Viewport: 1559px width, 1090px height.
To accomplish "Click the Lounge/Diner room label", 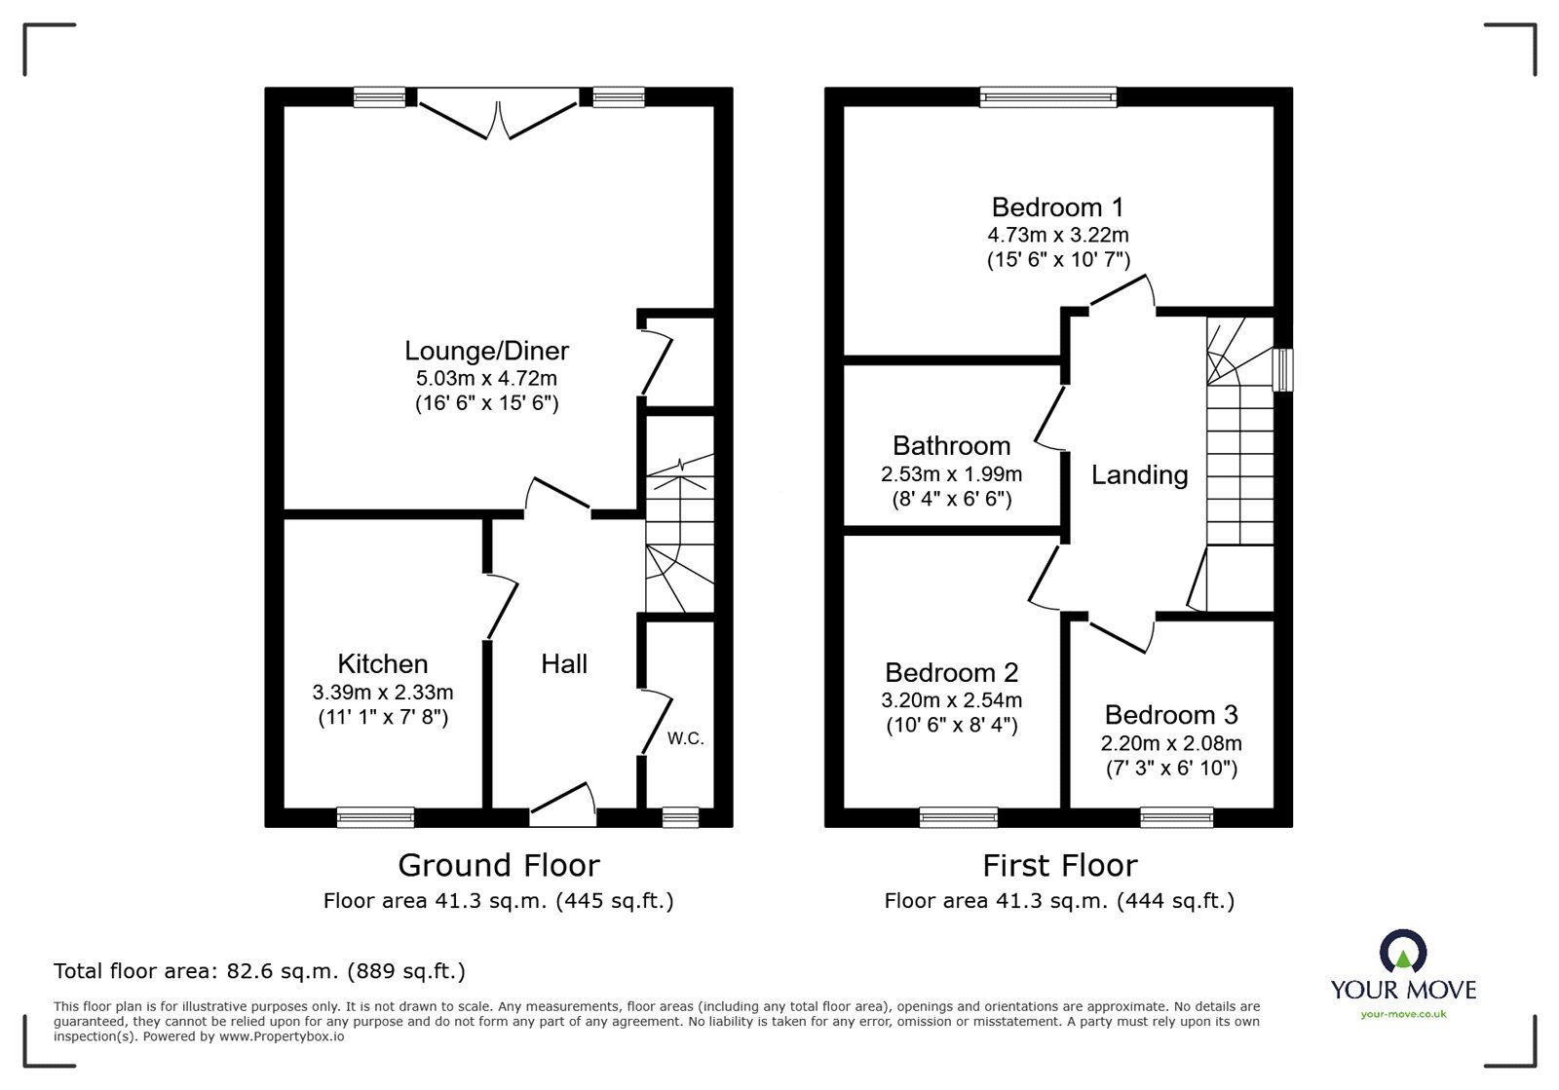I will click(x=486, y=351).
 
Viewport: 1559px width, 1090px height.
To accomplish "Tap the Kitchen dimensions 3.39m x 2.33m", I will click(x=382, y=693).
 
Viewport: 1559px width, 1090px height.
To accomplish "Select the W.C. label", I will click(x=685, y=738).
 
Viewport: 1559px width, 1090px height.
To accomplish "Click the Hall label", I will click(x=564, y=664).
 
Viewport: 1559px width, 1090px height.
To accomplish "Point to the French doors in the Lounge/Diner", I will click(x=498, y=114).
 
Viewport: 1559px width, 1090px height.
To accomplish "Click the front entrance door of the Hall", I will click(x=563, y=804).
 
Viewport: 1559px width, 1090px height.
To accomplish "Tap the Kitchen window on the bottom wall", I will click(x=375, y=817).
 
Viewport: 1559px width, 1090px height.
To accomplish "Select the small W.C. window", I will click(x=680, y=817).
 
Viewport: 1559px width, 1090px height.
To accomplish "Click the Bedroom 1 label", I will click(x=1057, y=207).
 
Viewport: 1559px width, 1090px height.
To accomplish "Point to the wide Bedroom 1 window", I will click(x=1048, y=95).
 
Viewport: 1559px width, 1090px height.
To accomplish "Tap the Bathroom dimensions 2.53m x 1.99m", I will click(x=951, y=474).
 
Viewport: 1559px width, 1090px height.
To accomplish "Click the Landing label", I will click(x=1139, y=475).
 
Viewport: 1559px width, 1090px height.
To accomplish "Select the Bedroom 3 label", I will click(x=1171, y=715).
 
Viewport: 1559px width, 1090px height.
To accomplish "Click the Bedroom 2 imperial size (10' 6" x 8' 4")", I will click(x=951, y=726).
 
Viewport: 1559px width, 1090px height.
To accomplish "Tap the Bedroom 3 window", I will click(x=1176, y=817).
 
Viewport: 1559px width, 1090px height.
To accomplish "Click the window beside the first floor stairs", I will click(x=1284, y=370).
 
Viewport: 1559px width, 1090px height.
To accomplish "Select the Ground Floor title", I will click(x=498, y=865).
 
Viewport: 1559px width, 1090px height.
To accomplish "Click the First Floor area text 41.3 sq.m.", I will click(x=1058, y=901).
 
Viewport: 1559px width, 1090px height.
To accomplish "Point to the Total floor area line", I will click(x=259, y=971).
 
